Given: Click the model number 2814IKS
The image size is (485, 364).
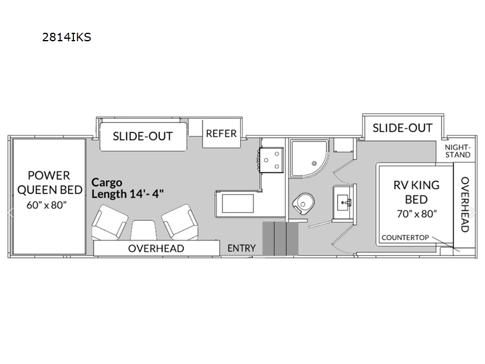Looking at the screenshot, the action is pos(67,37).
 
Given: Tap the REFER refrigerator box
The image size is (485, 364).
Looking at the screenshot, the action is pos(221,133).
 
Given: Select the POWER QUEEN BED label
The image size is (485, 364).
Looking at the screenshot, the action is pos(50,183).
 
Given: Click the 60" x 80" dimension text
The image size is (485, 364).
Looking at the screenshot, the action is pos(47,205).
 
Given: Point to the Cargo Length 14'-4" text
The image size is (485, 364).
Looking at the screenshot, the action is pos(127,188).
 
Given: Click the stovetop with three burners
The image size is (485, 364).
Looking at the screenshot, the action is pos(271,160).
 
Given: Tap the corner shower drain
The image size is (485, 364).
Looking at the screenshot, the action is pos(314,163).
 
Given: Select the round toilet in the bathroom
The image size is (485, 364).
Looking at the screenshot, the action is pos(303,204).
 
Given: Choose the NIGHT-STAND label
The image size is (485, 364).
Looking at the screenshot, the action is pos(458,151).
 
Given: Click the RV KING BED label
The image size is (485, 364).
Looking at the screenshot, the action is pos(416,192).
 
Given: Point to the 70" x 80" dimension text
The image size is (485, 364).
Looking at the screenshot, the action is pos(416,214).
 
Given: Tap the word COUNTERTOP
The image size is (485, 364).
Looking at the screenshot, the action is pos(405,237).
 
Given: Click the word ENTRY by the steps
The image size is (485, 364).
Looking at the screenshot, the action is pos(241,248).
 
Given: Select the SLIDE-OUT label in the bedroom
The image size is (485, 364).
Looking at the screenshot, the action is pos(403,128).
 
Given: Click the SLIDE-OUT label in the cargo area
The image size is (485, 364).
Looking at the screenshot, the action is pos(142,136).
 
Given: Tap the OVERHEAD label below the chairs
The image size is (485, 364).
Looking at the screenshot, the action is pos(156,249).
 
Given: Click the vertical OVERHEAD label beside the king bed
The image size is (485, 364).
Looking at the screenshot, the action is pos(465,204).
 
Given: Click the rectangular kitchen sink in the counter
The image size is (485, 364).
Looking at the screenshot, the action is pos(238,203).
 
